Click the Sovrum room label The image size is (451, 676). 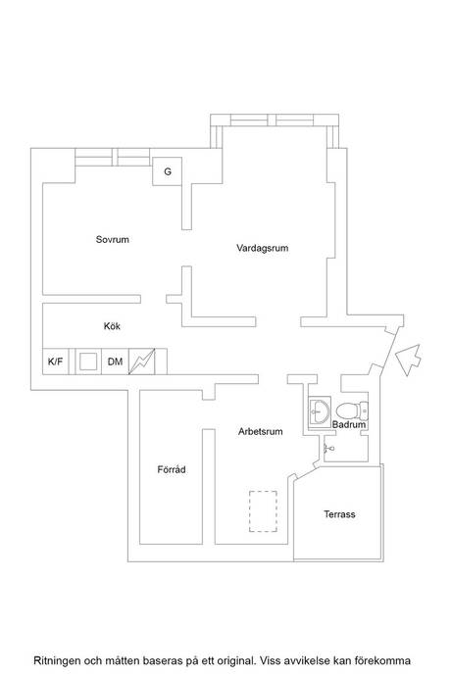(112, 239)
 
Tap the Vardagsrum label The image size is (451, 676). (263, 248)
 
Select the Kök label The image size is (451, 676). (112, 326)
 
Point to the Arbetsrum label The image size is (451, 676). (260, 431)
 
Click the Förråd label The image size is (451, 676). (172, 469)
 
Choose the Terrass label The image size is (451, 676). (339, 514)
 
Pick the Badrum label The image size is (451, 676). (349, 424)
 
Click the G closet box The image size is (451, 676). (167, 171)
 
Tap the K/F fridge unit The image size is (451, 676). (55, 362)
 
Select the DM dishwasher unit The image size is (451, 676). (116, 362)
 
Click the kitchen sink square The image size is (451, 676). (88, 362)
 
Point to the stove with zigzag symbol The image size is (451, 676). (141, 362)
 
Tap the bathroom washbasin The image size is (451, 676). (319, 410)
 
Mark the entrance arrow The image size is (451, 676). (408, 360)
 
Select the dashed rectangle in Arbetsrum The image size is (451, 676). (263, 511)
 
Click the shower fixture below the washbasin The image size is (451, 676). (329, 449)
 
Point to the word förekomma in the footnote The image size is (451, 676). (382, 660)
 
